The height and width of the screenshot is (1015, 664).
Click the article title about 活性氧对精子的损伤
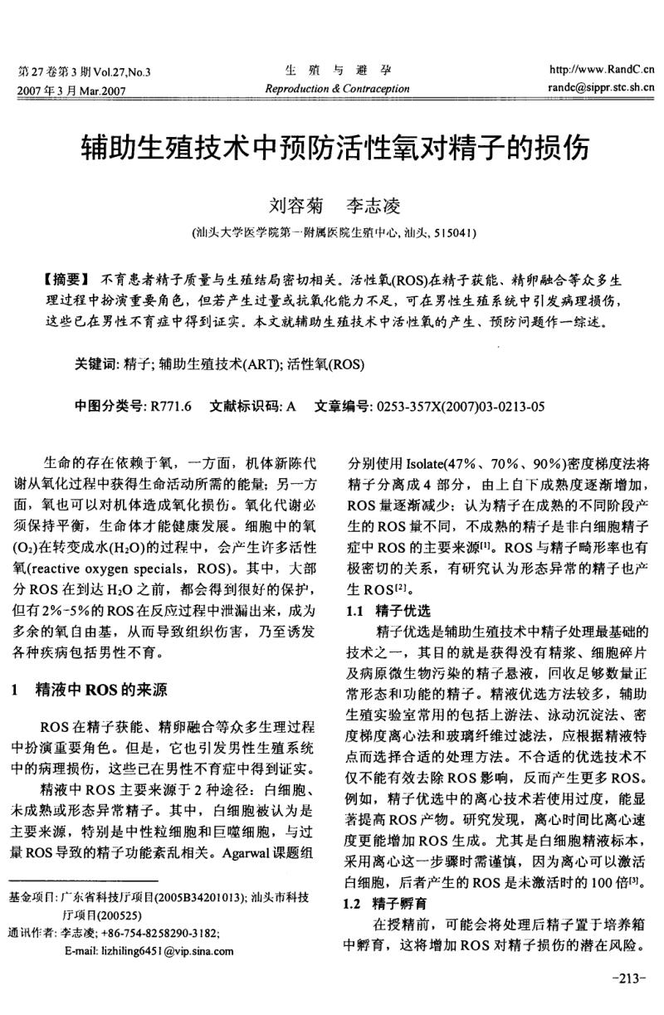point(334,148)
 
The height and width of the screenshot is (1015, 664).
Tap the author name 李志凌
point(374,203)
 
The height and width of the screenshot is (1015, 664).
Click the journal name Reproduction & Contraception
point(336,89)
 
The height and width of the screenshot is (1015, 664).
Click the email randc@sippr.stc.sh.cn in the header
point(601,86)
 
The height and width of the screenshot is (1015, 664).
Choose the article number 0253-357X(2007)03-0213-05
point(461,407)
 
